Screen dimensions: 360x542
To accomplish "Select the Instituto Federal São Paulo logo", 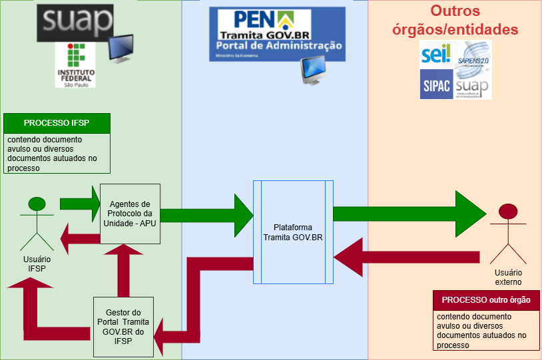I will click(x=75, y=65).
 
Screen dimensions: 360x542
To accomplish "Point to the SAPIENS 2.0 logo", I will click(x=473, y=54).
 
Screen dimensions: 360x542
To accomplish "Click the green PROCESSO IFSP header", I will click(x=57, y=123).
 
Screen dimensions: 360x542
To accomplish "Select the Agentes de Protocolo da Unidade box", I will click(x=131, y=213).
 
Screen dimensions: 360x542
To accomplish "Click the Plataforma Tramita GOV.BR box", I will click(x=293, y=231).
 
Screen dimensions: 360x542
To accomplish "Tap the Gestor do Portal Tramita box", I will click(x=123, y=326).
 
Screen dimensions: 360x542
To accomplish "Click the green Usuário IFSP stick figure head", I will click(x=37, y=203).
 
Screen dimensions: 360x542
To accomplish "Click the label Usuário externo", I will click(x=508, y=277).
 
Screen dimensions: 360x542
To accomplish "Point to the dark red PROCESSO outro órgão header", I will click(x=485, y=299).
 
